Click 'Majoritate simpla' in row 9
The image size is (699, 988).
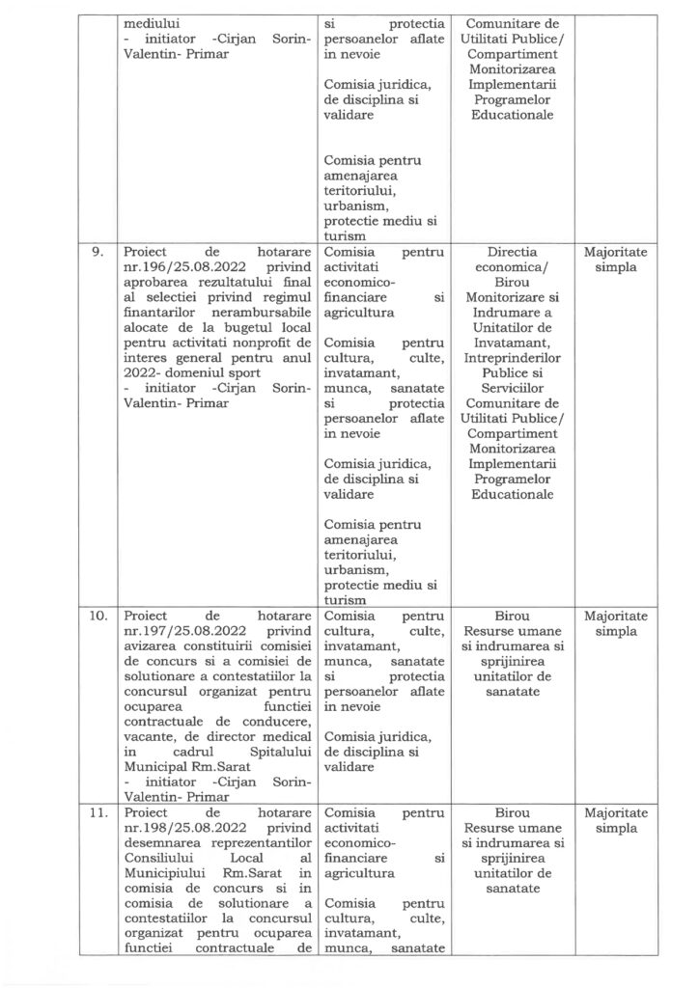click(617, 261)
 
